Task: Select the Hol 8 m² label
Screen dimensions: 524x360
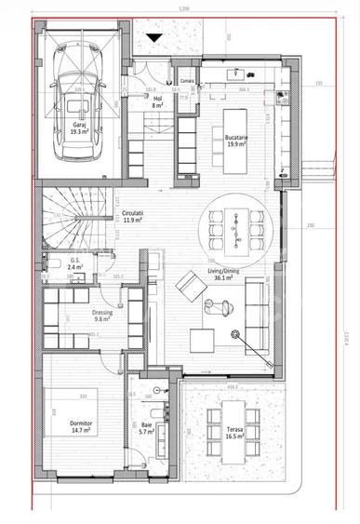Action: tap(158, 102)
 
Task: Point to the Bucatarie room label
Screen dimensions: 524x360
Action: tap(234, 141)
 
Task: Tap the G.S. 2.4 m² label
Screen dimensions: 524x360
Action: tap(76, 264)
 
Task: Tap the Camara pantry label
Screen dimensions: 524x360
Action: tap(187, 82)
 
